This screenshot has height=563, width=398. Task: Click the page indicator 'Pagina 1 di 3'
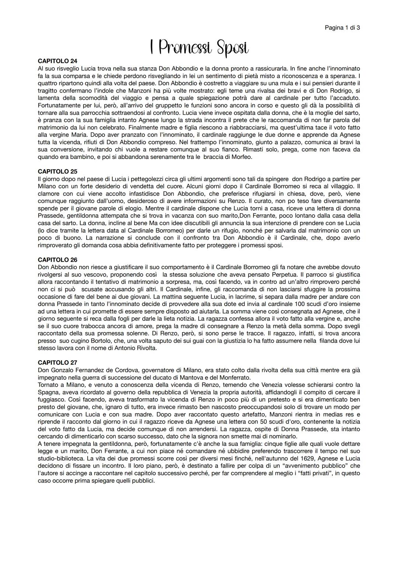click(x=342, y=28)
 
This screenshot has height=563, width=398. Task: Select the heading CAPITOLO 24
click(x=57, y=61)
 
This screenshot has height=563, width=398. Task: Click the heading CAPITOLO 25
click(x=57, y=171)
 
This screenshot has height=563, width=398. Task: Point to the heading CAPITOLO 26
click(x=57, y=260)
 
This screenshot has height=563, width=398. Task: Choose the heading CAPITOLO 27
click(x=57, y=362)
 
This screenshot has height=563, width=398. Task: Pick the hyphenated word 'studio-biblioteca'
click(x=60, y=458)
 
